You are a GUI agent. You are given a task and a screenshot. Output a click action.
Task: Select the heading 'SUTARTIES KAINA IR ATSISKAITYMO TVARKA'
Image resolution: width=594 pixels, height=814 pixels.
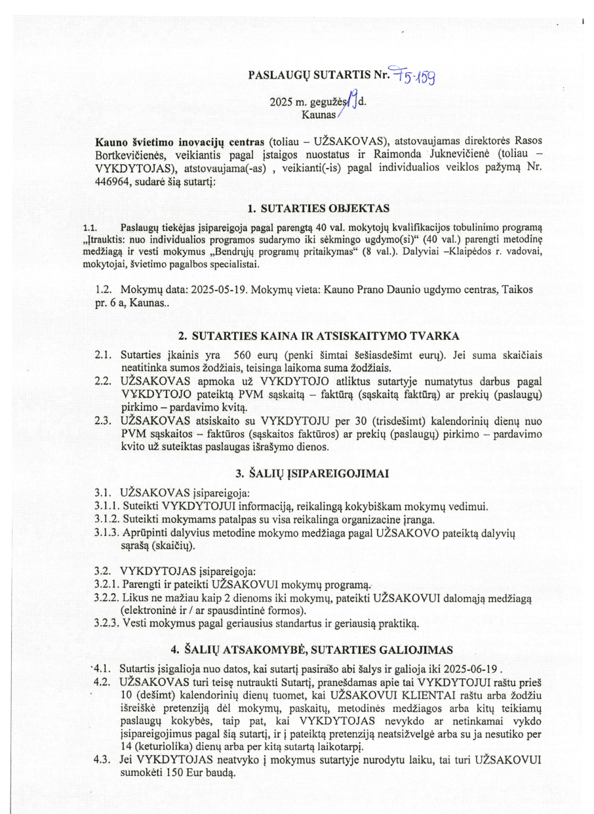click(327, 336)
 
